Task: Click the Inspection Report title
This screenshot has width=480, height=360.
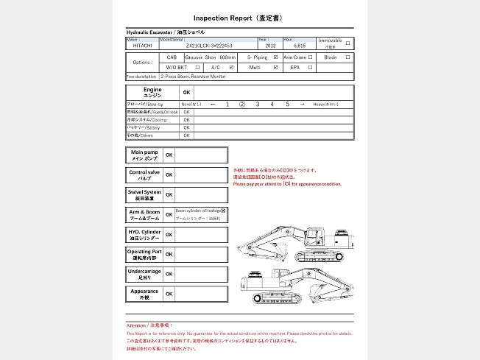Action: click(239, 17)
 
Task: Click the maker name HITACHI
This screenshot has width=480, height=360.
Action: click(143, 45)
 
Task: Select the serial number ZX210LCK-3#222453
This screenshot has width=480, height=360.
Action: click(209, 45)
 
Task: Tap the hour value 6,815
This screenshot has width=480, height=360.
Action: click(299, 45)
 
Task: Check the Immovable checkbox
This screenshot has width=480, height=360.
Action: click(348, 43)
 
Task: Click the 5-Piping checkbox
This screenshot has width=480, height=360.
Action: click(275, 57)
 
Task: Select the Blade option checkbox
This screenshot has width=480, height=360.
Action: click(348, 57)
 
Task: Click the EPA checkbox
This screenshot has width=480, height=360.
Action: click(311, 67)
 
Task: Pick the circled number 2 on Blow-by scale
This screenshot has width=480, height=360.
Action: click(241, 105)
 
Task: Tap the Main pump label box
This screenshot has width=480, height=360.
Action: click(144, 155)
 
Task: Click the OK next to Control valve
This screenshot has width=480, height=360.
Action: click(169, 175)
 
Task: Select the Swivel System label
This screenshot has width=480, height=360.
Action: click(144, 195)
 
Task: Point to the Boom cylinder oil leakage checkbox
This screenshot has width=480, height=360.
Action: click(223, 211)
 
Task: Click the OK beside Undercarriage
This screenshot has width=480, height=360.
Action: click(169, 274)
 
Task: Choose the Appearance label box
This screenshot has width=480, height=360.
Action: click(144, 294)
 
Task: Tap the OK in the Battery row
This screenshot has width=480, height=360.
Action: click(186, 127)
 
